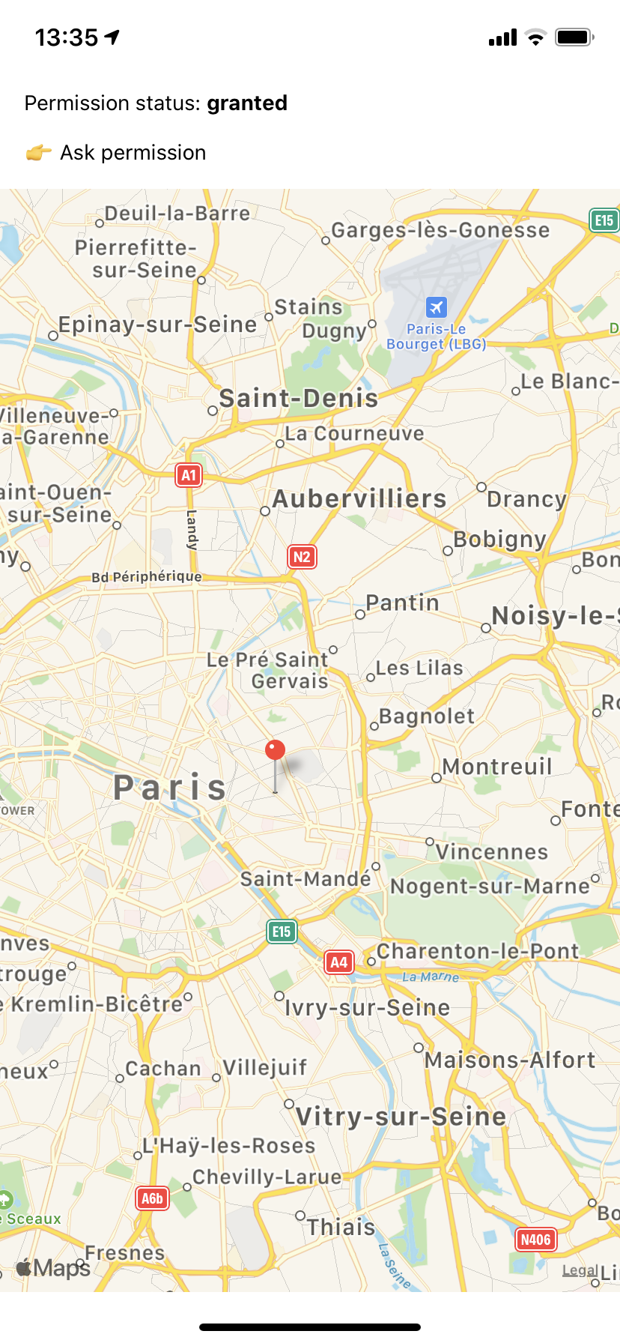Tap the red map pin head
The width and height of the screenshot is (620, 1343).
point(276,750)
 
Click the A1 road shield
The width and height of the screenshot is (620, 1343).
point(189,475)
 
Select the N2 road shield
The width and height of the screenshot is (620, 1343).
point(302,557)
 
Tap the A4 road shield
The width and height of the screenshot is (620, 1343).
point(338,962)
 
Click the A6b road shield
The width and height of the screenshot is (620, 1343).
point(152,1198)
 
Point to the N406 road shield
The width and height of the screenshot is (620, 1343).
point(535,1240)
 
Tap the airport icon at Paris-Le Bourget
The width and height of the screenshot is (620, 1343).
point(437,307)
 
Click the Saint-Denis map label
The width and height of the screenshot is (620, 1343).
point(299,398)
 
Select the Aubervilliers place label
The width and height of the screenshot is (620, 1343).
point(359,499)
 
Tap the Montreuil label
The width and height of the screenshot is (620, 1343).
point(497,767)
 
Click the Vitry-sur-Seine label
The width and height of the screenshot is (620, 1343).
point(401,1117)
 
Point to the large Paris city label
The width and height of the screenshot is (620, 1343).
point(170,788)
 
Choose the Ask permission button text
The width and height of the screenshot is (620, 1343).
point(133,153)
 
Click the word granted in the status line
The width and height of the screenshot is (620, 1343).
point(247,103)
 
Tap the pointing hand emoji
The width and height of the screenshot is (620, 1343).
point(38,153)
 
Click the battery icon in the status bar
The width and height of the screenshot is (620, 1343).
point(574,37)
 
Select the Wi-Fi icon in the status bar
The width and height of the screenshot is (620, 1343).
point(535,37)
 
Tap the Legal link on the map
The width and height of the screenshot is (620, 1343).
point(580,1270)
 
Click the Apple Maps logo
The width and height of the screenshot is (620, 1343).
point(53,1267)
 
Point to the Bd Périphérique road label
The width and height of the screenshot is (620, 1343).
point(147,576)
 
